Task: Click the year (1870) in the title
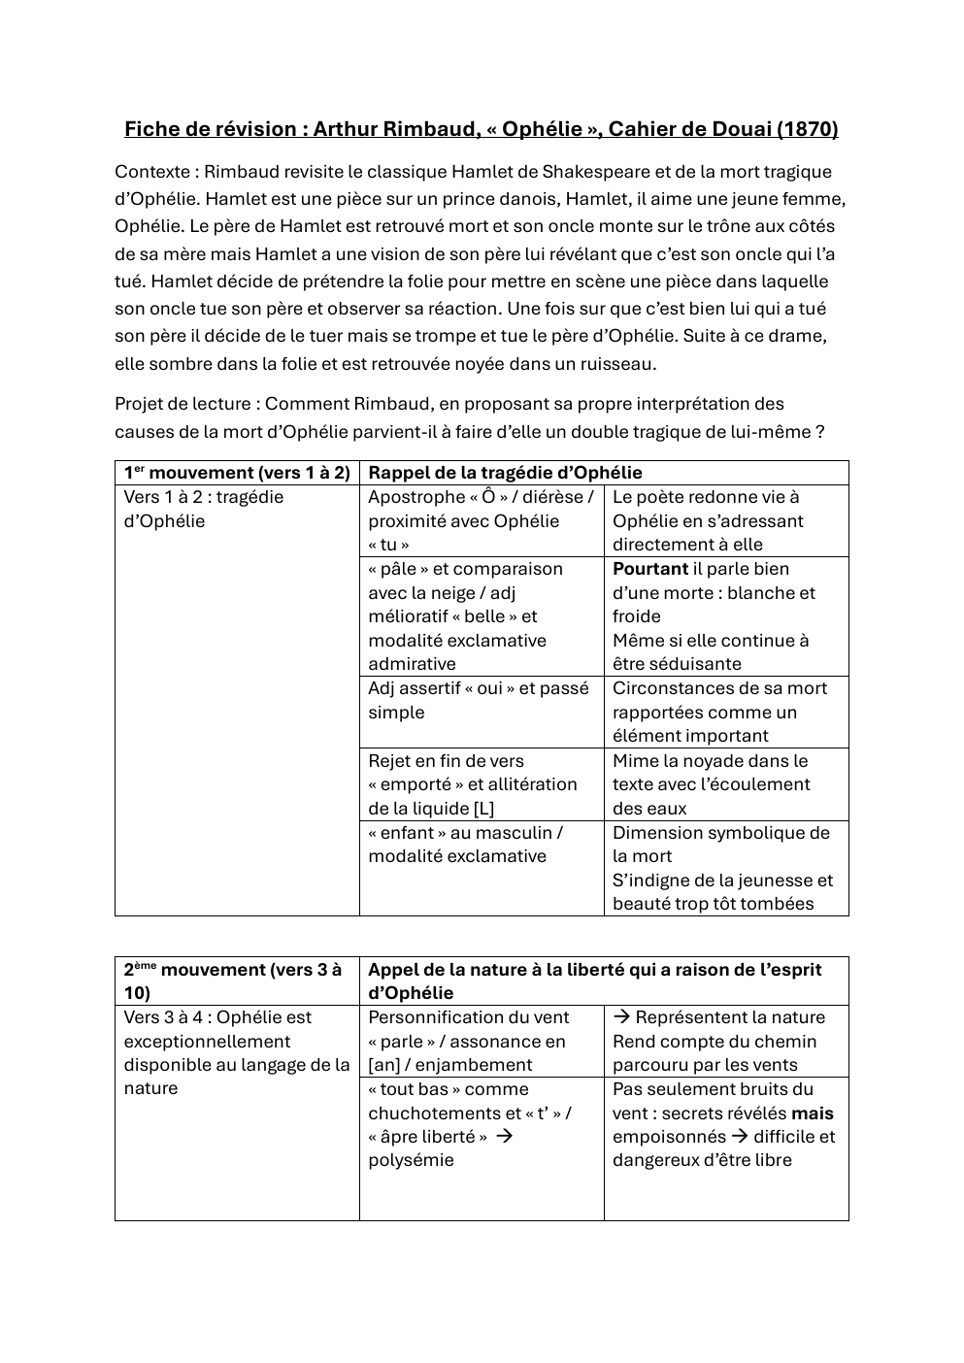pos(808,129)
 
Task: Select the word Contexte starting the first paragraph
pos(151,172)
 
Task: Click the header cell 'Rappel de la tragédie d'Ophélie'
pos(505,473)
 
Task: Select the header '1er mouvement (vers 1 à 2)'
pos(236,473)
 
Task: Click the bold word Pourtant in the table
pos(650,569)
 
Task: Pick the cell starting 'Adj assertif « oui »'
pos(479,700)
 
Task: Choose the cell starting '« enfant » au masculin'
pos(466,845)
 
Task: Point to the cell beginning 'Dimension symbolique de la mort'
pos(721,845)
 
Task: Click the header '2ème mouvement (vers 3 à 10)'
pos(233,981)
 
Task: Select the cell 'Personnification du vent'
pos(469,1017)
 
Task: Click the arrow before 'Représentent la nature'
pos(622,1017)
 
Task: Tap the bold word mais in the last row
pos(813,1114)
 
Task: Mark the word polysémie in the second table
pos(411,1160)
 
